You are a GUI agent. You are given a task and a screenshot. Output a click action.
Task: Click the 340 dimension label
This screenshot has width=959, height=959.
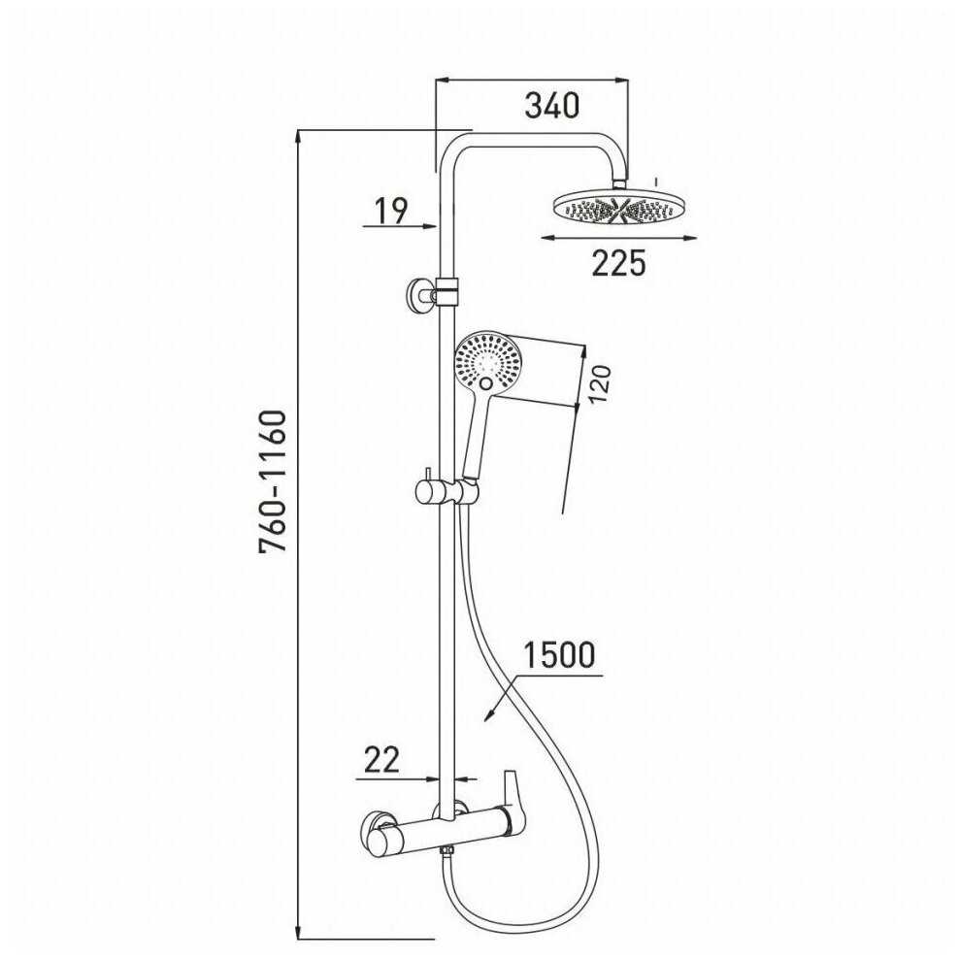click(x=551, y=104)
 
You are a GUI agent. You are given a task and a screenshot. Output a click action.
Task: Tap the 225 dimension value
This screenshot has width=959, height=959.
click(x=618, y=262)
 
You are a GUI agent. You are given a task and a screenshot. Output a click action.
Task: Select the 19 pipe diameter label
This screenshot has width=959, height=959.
click(x=390, y=210)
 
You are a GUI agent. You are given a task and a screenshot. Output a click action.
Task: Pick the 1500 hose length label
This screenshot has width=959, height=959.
click(x=558, y=655)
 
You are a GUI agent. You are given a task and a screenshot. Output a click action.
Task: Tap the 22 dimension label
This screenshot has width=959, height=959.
click(x=381, y=760)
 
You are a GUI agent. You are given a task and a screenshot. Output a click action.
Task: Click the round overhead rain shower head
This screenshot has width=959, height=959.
click(x=618, y=207)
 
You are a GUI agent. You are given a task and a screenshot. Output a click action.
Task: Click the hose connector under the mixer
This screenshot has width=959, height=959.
click(x=446, y=851)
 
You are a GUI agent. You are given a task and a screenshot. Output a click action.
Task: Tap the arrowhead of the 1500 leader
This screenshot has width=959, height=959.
click(x=488, y=715)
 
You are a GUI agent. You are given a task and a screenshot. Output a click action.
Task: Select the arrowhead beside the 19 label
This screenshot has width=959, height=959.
click(x=430, y=225)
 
